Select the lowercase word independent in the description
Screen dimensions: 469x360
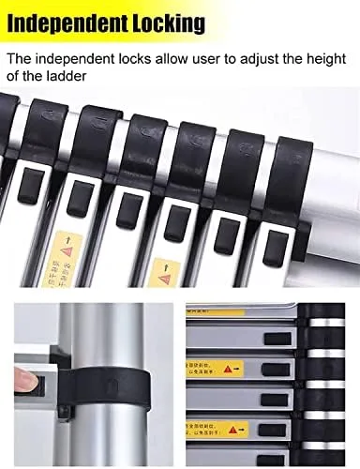[x=81, y=58]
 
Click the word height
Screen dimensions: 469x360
[x=335, y=58]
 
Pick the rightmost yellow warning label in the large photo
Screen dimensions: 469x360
[x=166, y=273]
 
